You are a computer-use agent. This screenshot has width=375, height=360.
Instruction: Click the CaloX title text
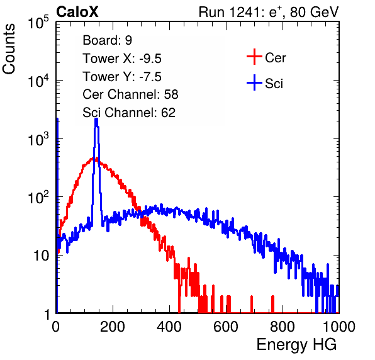click(x=77, y=12)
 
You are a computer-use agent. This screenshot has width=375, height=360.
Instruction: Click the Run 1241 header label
click(x=269, y=12)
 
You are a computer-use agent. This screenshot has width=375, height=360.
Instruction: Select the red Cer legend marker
click(x=254, y=57)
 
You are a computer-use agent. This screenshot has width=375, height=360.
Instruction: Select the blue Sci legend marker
click(x=254, y=82)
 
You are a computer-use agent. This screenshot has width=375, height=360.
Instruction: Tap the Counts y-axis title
click(x=9, y=49)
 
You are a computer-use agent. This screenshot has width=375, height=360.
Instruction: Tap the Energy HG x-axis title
click(x=296, y=345)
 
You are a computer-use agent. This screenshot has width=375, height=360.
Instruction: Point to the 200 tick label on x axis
click(x=113, y=327)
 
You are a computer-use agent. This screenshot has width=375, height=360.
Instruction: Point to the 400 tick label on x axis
click(x=169, y=327)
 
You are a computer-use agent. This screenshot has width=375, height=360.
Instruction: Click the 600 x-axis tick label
click(x=226, y=327)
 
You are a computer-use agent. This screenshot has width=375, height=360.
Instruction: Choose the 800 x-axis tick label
click(x=283, y=327)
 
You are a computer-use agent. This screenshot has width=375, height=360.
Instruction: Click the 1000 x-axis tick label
click(x=339, y=327)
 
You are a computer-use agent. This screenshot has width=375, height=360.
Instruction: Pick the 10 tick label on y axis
click(x=41, y=256)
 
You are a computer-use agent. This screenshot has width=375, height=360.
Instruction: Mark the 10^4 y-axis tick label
click(x=38, y=81)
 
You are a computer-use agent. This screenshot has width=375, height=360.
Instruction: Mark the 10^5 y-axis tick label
click(x=38, y=23)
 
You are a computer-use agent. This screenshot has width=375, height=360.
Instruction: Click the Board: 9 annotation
click(x=107, y=40)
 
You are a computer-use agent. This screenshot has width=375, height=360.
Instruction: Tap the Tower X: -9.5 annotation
click(x=122, y=59)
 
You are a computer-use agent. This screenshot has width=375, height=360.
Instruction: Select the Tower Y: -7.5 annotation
click(x=122, y=77)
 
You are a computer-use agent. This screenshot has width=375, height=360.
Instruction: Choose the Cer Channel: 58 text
click(x=130, y=94)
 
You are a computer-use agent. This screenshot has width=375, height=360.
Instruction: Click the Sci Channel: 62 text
click(x=129, y=113)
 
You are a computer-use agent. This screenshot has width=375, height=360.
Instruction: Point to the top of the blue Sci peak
click(x=96, y=119)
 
